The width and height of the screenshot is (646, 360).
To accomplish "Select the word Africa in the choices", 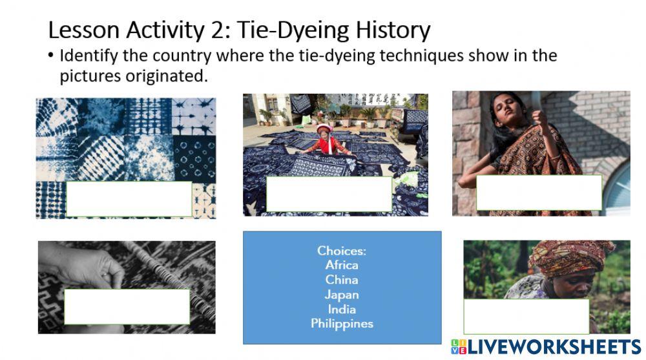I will click(x=342, y=265).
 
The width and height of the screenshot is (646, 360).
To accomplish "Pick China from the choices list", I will click(x=342, y=280).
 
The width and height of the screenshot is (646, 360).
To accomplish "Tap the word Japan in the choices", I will click(x=342, y=295).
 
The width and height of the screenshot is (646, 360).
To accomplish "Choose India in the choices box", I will click(x=342, y=309).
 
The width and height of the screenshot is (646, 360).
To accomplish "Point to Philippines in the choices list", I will click(x=342, y=324).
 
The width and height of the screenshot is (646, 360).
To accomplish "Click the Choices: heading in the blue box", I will click(x=342, y=251).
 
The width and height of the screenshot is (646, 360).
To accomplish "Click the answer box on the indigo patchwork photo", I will click(x=129, y=198).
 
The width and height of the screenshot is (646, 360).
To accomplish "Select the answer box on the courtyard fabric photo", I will click(x=329, y=194).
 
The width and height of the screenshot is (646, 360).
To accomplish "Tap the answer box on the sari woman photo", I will click(x=539, y=193).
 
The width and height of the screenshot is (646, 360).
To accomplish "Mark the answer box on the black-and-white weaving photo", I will click(x=127, y=306).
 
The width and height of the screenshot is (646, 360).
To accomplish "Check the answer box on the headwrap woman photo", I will click(x=526, y=316).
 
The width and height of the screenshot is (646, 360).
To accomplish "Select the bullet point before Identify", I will click(x=51, y=56).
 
